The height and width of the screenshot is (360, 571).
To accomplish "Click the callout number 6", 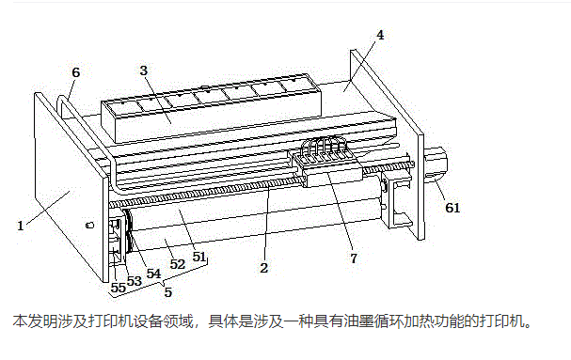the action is (76, 72).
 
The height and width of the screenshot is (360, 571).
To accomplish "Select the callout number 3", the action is (144, 70).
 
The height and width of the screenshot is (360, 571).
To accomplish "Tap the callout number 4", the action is (380, 35).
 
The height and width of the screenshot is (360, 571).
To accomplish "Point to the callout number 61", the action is (452, 208).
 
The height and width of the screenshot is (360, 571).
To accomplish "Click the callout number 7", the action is (354, 258).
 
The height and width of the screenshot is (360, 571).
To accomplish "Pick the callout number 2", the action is (264, 268).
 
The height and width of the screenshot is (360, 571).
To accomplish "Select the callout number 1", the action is (21, 226).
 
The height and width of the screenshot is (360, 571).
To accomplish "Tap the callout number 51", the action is (199, 257).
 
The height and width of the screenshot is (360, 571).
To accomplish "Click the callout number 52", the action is (178, 264).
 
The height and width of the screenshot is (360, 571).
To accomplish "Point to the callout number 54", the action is (153, 274).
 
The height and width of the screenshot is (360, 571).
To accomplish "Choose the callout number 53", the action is (134, 281).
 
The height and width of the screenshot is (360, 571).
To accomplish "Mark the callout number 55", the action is (118, 288).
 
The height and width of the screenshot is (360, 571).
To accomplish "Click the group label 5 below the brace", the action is (167, 292).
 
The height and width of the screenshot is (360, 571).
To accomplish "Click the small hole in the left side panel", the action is (89, 225).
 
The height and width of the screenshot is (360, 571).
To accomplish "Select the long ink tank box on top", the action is (212, 108).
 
